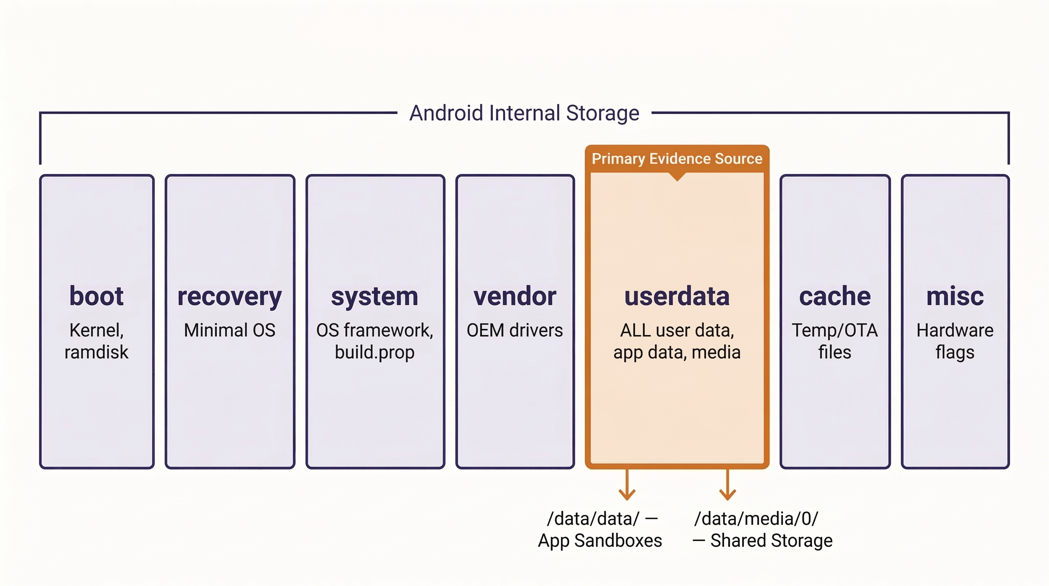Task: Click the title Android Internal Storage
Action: point(524,113)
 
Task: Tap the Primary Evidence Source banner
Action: point(677,159)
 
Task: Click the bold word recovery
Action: point(230,297)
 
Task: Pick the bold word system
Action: point(375,297)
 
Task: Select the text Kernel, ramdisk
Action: point(96,341)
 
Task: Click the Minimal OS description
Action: point(230,330)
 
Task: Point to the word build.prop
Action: point(375,352)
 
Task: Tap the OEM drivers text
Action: point(515,330)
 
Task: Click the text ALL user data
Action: point(677,330)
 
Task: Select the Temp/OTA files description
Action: point(835,341)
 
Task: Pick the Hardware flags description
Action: point(955,341)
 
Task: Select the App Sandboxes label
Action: point(600,541)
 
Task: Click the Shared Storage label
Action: point(771,541)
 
